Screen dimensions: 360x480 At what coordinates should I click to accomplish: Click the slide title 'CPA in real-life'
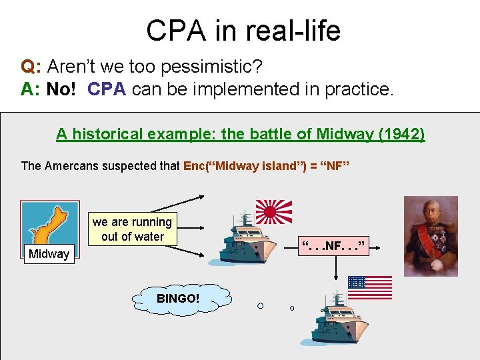coord(243,31)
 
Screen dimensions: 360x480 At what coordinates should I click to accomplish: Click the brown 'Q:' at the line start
coord(31,67)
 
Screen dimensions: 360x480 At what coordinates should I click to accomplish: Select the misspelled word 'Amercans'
coord(69,166)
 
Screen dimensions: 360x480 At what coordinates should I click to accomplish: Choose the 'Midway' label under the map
coord(49,254)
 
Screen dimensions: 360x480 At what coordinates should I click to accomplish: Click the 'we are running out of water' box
coord(133,229)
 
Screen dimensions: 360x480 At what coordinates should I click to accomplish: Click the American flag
coord(369,287)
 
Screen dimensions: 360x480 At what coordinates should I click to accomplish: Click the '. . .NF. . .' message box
coord(334,247)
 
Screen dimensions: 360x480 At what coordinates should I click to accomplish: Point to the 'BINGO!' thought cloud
coord(177,298)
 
